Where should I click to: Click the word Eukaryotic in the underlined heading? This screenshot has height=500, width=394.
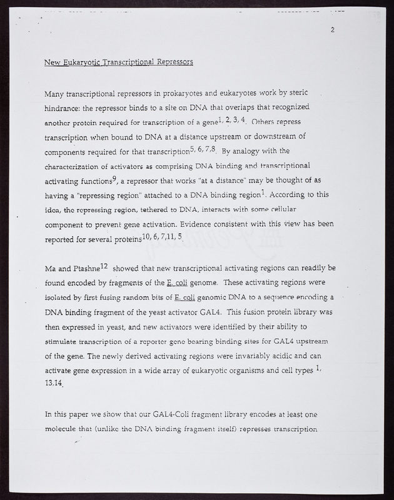[x=86, y=62]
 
